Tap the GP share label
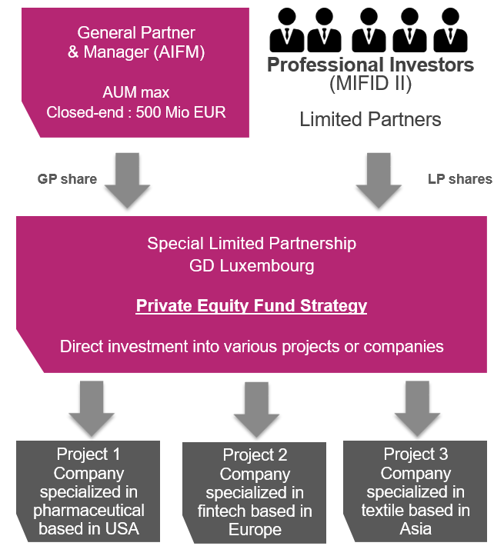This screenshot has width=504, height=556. pos(67,179)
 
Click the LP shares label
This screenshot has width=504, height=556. pos(459,179)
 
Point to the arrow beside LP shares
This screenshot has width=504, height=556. pos(379,178)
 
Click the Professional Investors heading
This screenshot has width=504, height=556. pos(370,65)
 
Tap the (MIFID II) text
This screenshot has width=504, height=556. pos(370,85)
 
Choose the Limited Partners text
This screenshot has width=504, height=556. pos(370,119)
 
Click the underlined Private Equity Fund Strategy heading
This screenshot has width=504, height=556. pos(252,305)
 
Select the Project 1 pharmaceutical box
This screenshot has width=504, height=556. pos(91,491)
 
